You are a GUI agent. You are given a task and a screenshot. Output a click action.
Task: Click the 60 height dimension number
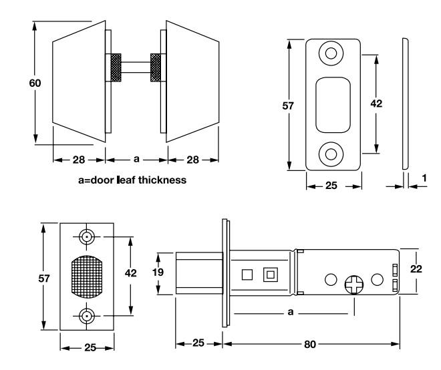(x=35, y=83)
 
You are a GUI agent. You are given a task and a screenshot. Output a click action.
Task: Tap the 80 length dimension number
(x=309, y=345)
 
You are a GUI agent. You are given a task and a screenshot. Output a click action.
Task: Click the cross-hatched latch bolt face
(x=88, y=274)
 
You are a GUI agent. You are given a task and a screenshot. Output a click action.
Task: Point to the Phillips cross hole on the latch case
(x=353, y=286)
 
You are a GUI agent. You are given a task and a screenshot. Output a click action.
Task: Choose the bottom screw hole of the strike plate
(x=331, y=154)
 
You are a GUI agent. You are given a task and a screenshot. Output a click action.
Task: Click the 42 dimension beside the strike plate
(x=376, y=104)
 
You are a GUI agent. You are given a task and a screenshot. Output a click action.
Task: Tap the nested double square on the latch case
(x=271, y=274)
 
